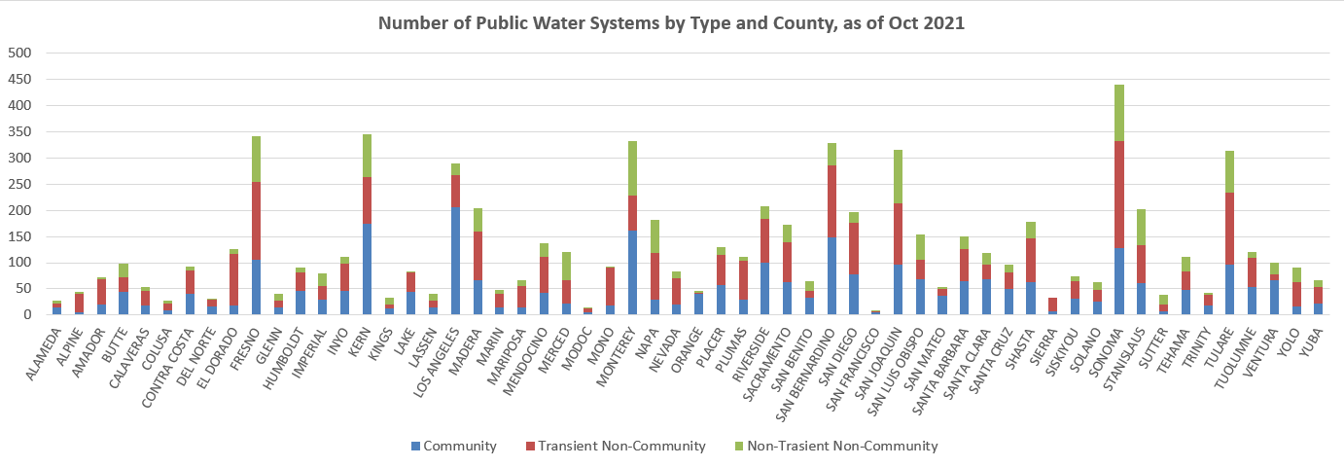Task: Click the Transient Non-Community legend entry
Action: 627,447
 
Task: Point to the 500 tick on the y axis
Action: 18,53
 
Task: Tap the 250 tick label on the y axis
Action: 18,184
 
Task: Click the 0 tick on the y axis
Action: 26,314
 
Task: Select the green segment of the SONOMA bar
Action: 1092,113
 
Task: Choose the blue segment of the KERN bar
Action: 368,269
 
